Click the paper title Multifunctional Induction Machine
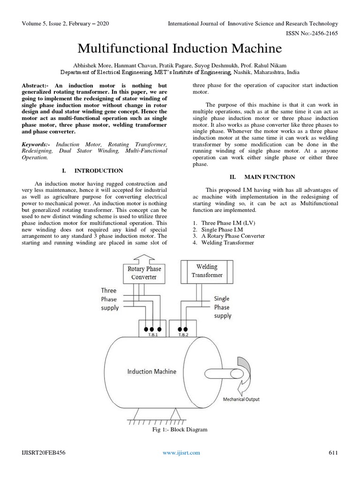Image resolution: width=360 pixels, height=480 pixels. [x=180, y=49]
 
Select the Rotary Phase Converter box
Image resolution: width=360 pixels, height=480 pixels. [x=144, y=273]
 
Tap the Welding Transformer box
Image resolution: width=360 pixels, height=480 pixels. [x=207, y=271]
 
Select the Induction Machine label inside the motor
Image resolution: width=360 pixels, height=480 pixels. [x=152, y=371]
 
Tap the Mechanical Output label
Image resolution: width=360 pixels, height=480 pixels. [x=241, y=399]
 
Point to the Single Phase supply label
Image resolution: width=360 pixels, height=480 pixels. [x=222, y=307]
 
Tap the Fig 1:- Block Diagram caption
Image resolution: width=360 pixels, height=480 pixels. [x=180, y=429]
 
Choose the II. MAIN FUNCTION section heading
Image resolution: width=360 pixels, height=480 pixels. [x=262, y=177]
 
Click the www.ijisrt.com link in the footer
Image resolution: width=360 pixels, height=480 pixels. [x=181, y=452]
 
